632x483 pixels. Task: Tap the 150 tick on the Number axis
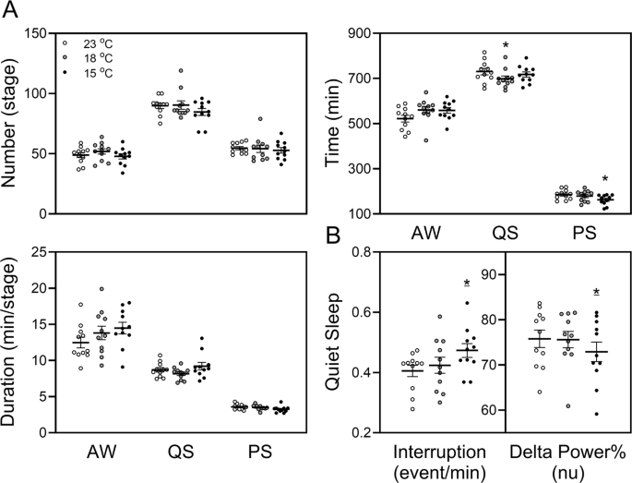point(38,34)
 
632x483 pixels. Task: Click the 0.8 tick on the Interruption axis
point(360,252)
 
